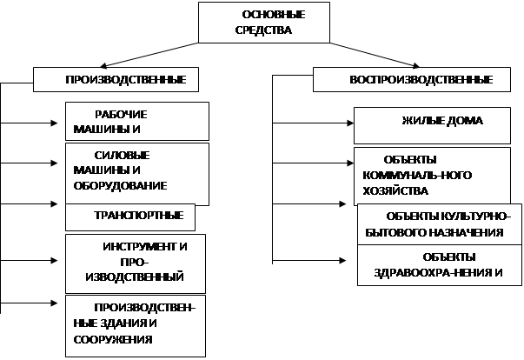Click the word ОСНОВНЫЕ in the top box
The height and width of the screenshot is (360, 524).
274,15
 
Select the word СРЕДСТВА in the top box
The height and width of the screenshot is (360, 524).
263,30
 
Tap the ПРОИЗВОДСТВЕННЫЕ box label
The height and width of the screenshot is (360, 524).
126,80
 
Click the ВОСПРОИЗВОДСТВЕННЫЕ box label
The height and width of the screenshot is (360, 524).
421,80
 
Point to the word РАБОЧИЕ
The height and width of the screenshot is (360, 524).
121,115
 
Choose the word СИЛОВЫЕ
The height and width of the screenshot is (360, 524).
122,156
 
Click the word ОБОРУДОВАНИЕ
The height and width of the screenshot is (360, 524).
120,186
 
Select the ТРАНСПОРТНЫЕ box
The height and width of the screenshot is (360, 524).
130,217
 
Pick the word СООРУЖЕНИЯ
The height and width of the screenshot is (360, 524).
113,340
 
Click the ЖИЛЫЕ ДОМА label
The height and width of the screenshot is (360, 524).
442,121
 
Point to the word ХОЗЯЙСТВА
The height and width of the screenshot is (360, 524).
395,191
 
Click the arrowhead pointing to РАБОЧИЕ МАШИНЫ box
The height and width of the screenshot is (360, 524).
55,123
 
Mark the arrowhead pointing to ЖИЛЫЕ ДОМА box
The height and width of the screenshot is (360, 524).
350,123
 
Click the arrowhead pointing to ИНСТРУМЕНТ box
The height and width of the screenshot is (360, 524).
55,260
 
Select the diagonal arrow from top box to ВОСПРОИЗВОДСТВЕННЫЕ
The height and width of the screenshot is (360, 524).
375,55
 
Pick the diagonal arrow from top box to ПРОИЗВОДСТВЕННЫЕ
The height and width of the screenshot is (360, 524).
149,55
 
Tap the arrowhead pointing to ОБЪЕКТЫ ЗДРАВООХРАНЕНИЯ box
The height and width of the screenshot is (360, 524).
342,260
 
